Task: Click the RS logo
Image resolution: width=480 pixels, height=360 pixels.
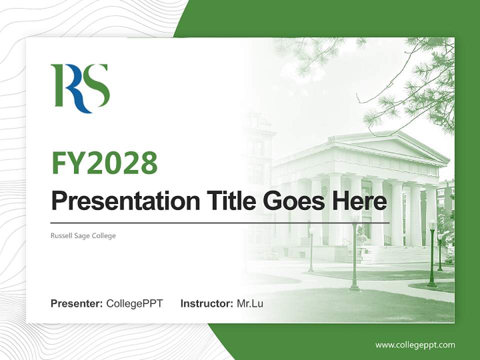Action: (x=80, y=88)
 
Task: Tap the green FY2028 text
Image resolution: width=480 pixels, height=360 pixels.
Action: (x=104, y=162)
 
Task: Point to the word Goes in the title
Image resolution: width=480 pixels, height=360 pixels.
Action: (x=291, y=201)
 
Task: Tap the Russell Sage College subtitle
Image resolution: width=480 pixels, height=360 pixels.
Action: (x=83, y=235)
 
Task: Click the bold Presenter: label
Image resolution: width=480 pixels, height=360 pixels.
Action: (x=77, y=303)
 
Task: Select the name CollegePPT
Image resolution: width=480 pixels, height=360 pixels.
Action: (x=134, y=303)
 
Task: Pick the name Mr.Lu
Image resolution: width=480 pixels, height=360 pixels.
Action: (x=250, y=303)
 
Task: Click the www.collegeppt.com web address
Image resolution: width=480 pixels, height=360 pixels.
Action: (x=415, y=344)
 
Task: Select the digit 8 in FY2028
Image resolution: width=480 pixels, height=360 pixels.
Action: (x=148, y=162)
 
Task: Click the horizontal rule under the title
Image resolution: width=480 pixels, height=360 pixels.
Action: (x=220, y=223)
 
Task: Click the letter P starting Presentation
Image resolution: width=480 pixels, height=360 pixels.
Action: (x=58, y=201)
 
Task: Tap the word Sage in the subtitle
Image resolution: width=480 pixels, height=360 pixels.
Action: (x=83, y=235)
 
